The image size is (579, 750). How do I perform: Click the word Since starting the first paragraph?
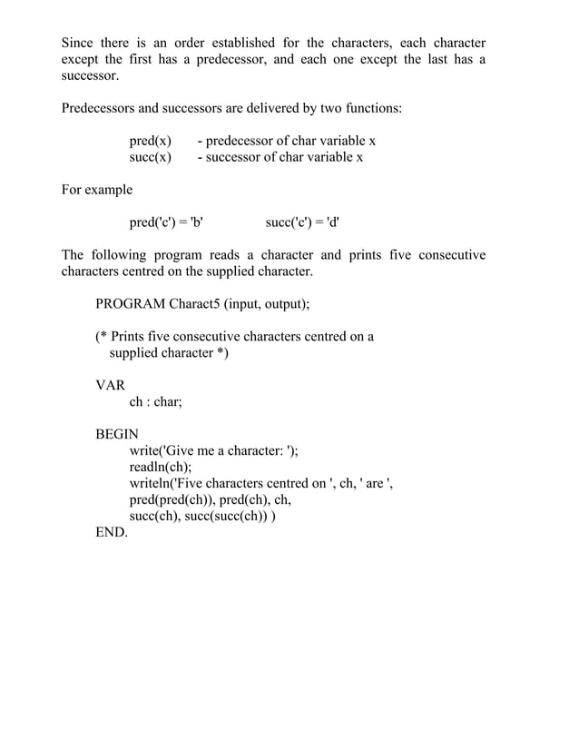(x=78, y=43)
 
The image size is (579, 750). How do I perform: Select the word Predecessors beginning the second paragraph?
(x=97, y=108)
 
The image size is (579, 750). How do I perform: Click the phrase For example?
(x=96, y=190)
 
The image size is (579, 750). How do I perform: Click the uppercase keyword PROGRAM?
(x=130, y=303)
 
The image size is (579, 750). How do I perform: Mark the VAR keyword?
(x=111, y=385)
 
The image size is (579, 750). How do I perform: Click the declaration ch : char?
(x=156, y=401)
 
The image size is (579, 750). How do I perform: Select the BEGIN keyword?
(x=117, y=434)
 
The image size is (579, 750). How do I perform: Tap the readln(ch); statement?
(x=161, y=467)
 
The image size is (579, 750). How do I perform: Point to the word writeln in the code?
(x=150, y=483)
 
